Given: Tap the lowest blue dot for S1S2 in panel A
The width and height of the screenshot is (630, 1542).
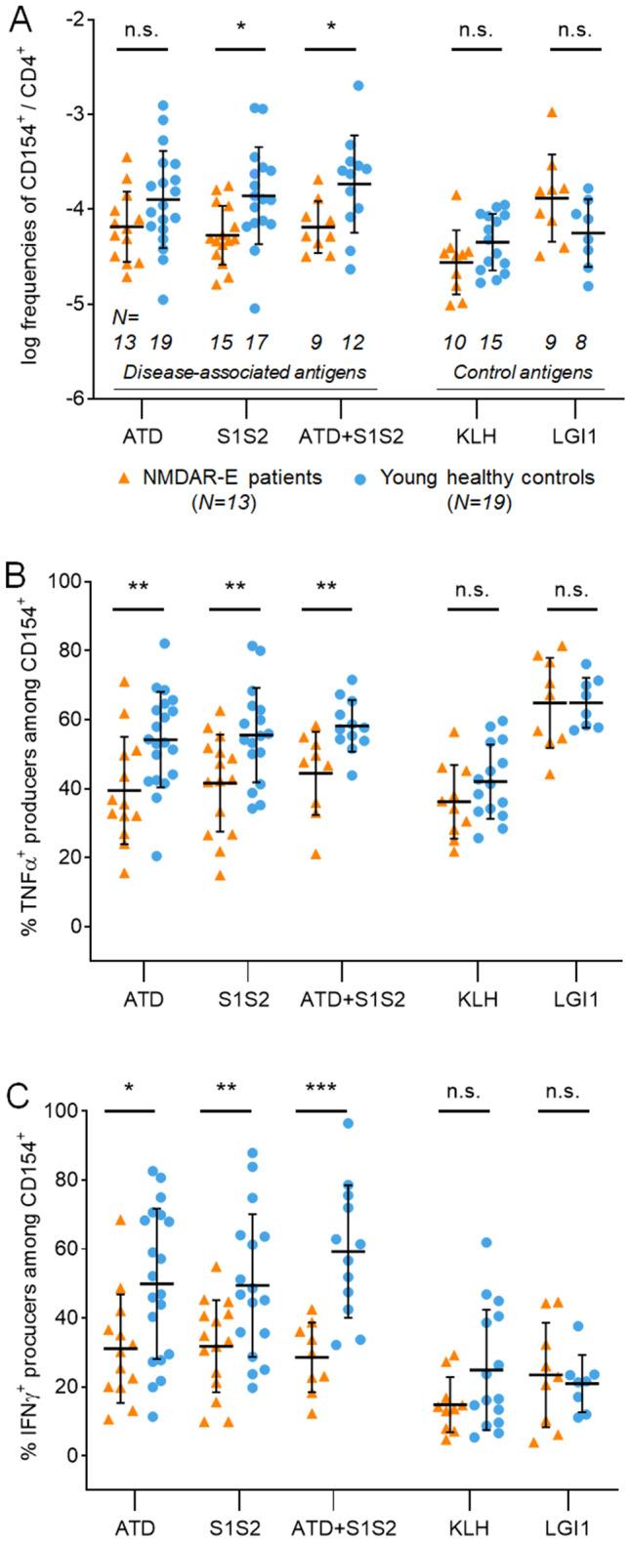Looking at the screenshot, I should [255, 309].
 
